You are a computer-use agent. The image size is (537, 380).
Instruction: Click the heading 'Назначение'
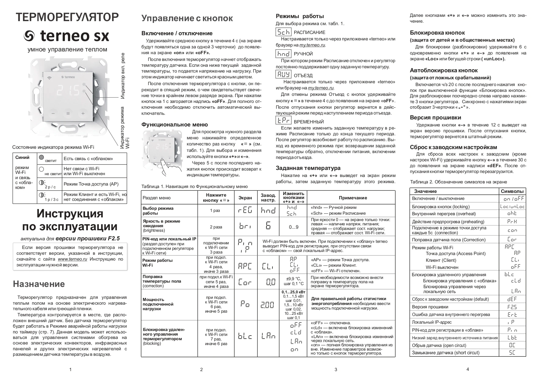coord(39,284)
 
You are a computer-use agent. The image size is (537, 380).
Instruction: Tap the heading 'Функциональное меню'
coord(175,125)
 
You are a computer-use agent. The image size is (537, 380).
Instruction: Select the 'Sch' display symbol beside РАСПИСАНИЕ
coord(283,32)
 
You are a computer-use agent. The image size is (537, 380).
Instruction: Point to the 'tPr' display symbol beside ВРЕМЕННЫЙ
coord(283,120)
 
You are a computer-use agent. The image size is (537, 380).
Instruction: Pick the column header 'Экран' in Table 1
coord(245,198)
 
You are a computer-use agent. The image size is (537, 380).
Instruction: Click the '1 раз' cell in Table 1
coord(215,211)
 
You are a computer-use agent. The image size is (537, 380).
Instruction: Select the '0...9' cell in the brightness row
coord(294,227)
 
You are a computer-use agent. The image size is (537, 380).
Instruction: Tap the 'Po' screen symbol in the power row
coord(245,304)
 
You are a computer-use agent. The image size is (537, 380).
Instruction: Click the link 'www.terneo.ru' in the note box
coord(73,259)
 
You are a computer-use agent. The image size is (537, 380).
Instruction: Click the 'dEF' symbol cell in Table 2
coord(512,299)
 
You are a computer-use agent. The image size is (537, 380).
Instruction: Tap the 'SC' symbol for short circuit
coord(512,353)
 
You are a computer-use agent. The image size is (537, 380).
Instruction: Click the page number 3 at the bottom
coord(336,370)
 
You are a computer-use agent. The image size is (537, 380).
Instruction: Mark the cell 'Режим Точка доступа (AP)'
coord(91,184)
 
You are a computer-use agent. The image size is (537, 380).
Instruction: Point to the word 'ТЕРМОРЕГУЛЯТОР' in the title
coord(66,17)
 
